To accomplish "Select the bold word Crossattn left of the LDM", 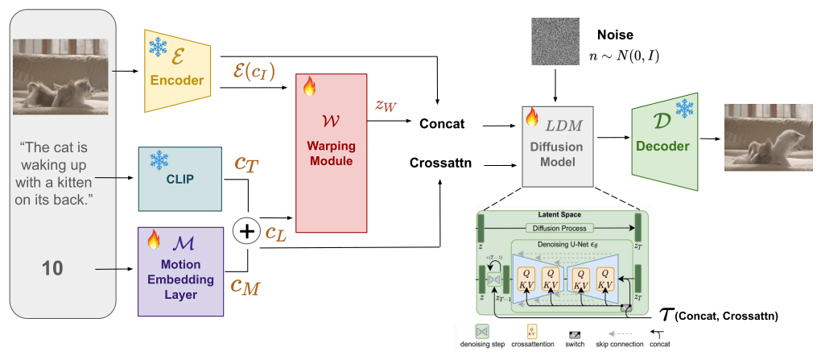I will click(x=440, y=164).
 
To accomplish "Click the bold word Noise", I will click(x=616, y=35).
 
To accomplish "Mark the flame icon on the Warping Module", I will click(x=310, y=86).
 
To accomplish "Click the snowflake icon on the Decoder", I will click(x=683, y=108).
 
